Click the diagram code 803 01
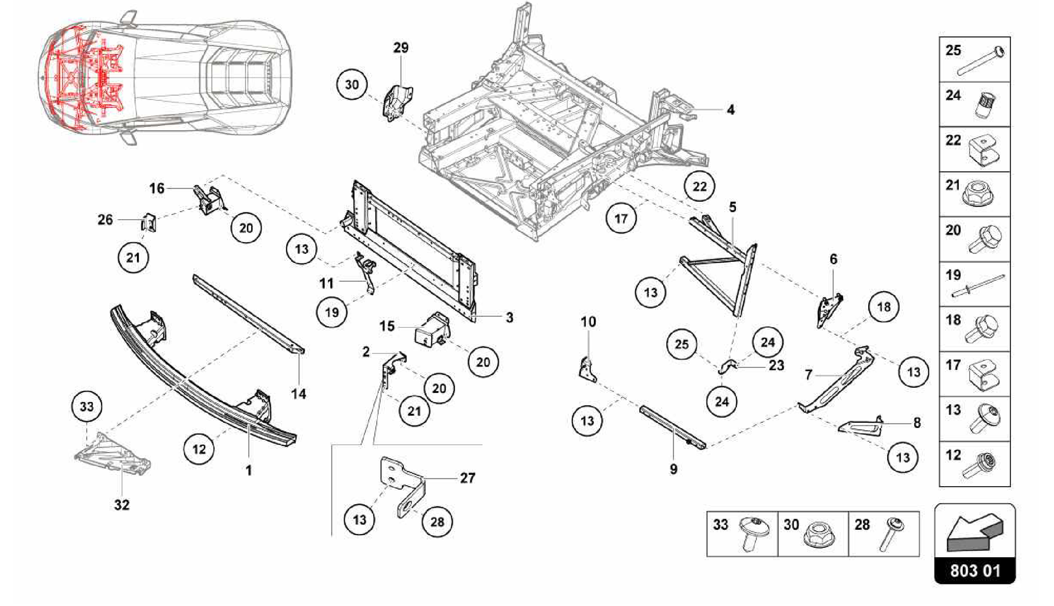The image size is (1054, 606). coord(975,571)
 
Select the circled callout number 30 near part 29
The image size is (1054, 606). coord(352,84)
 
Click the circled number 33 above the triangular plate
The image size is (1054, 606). coord(86,406)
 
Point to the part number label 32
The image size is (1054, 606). coord(122,505)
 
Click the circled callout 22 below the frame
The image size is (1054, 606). coord(699,186)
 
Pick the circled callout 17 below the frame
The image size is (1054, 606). coord(621,219)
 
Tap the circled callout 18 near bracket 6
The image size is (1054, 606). coord(884,307)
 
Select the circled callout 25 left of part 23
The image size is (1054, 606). coord(682,344)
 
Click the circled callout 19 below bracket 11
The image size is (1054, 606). coord(332,312)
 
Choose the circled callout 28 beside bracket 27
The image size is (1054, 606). coord(437,522)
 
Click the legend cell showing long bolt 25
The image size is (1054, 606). coord(974,60)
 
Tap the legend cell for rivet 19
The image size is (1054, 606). coord(974,284)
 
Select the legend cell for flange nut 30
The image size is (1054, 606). coord(813,533)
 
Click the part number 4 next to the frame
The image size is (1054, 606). coord(730,110)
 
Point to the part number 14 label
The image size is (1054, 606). coord(298,394)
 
